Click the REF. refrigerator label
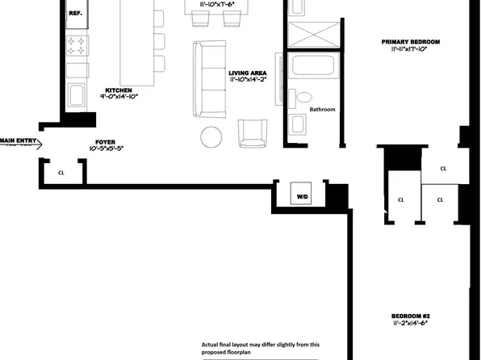(76, 14)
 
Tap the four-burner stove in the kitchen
(76, 48)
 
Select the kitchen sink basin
(76, 94)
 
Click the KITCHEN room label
(119, 90)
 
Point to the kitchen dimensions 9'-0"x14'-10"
(119, 97)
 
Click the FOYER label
(106, 142)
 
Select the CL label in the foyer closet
(61, 173)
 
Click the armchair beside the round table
(253, 132)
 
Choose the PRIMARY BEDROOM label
(410, 41)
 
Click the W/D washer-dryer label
(302, 196)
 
